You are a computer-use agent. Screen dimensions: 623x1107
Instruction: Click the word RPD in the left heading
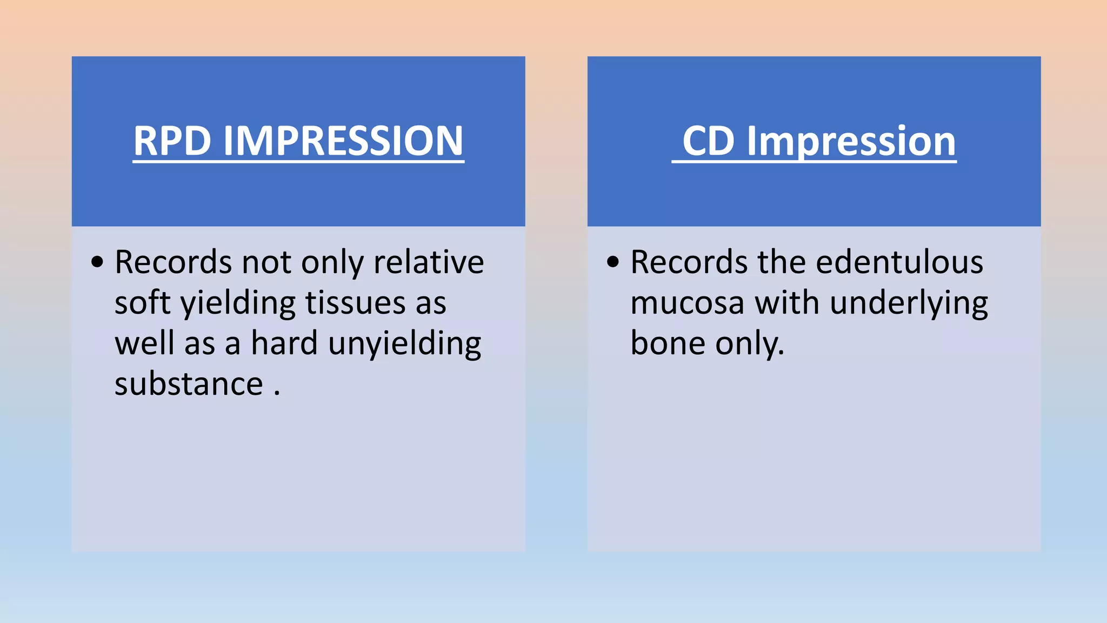pos(172,141)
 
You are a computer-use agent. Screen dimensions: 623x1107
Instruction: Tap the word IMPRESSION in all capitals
pos(343,141)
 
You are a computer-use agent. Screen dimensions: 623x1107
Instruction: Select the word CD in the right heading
pos(709,141)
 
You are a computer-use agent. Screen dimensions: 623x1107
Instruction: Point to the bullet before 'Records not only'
pos(97,262)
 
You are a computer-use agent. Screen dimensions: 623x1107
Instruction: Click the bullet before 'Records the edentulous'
pos(613,262)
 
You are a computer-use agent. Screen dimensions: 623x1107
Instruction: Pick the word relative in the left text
pos(429,262)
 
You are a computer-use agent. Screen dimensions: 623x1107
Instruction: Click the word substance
pos(189,384)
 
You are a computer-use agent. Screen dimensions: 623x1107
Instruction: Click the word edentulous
pos(899,262)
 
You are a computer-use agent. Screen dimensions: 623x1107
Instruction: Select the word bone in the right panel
pos(668,343)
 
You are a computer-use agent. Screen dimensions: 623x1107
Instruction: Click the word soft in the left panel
pos(143,302)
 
